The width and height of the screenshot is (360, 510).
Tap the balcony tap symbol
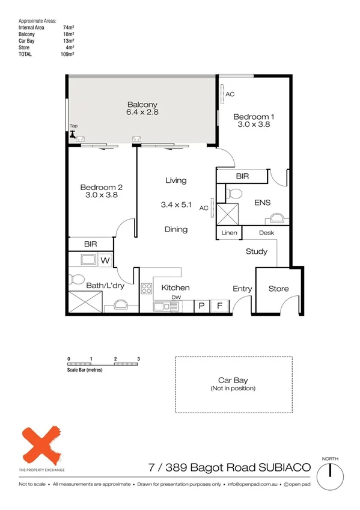coord(74,135)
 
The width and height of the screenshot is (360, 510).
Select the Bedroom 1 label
coord(254,117)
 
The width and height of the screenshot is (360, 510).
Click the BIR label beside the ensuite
coord(243,176)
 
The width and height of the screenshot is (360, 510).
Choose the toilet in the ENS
coord(235,194)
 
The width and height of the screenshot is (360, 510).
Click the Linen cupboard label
coord(229,233)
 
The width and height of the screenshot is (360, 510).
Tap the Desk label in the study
coord(267,233)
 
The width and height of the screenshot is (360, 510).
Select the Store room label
coord(278,289)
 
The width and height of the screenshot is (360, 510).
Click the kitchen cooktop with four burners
coord(147,289)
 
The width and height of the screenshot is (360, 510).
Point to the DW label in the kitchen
coord(176,297)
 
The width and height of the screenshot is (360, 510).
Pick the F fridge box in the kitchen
coord(219,306)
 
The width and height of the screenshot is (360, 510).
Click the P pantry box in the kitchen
coord(201,306)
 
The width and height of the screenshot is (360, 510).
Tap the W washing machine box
coord(105,260)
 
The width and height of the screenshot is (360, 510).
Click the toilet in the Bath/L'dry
coord(76,280)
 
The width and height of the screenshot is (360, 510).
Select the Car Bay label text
coord(233,381)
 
